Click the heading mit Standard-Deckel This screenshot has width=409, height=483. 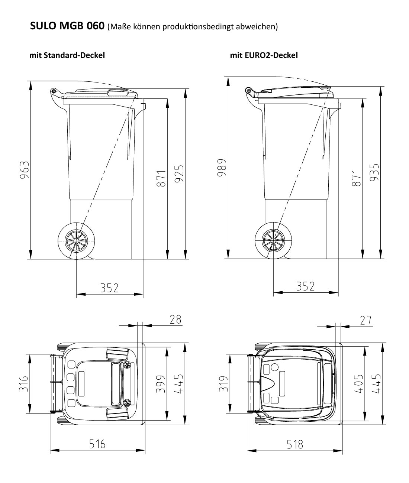pyautogui.click(x=67, y=55)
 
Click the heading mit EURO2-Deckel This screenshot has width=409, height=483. pyautogui.click(x=264, y=55)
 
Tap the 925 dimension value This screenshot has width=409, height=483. pyautogui.click(x=179, y=174)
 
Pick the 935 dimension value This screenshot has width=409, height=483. pyautogui.click(x=374, y=172)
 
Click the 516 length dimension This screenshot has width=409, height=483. pyautogui.click(x=97, y=444)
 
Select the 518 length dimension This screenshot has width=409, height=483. pyautogui.click(x=294, y=444)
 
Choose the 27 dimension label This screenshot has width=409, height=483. pyautogui.click(x=366, y=320)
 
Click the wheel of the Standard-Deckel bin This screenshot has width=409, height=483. pyautogui.click(x=76, y=241)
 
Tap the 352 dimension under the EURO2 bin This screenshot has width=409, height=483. pyautogui.click(x=306, y=286)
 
